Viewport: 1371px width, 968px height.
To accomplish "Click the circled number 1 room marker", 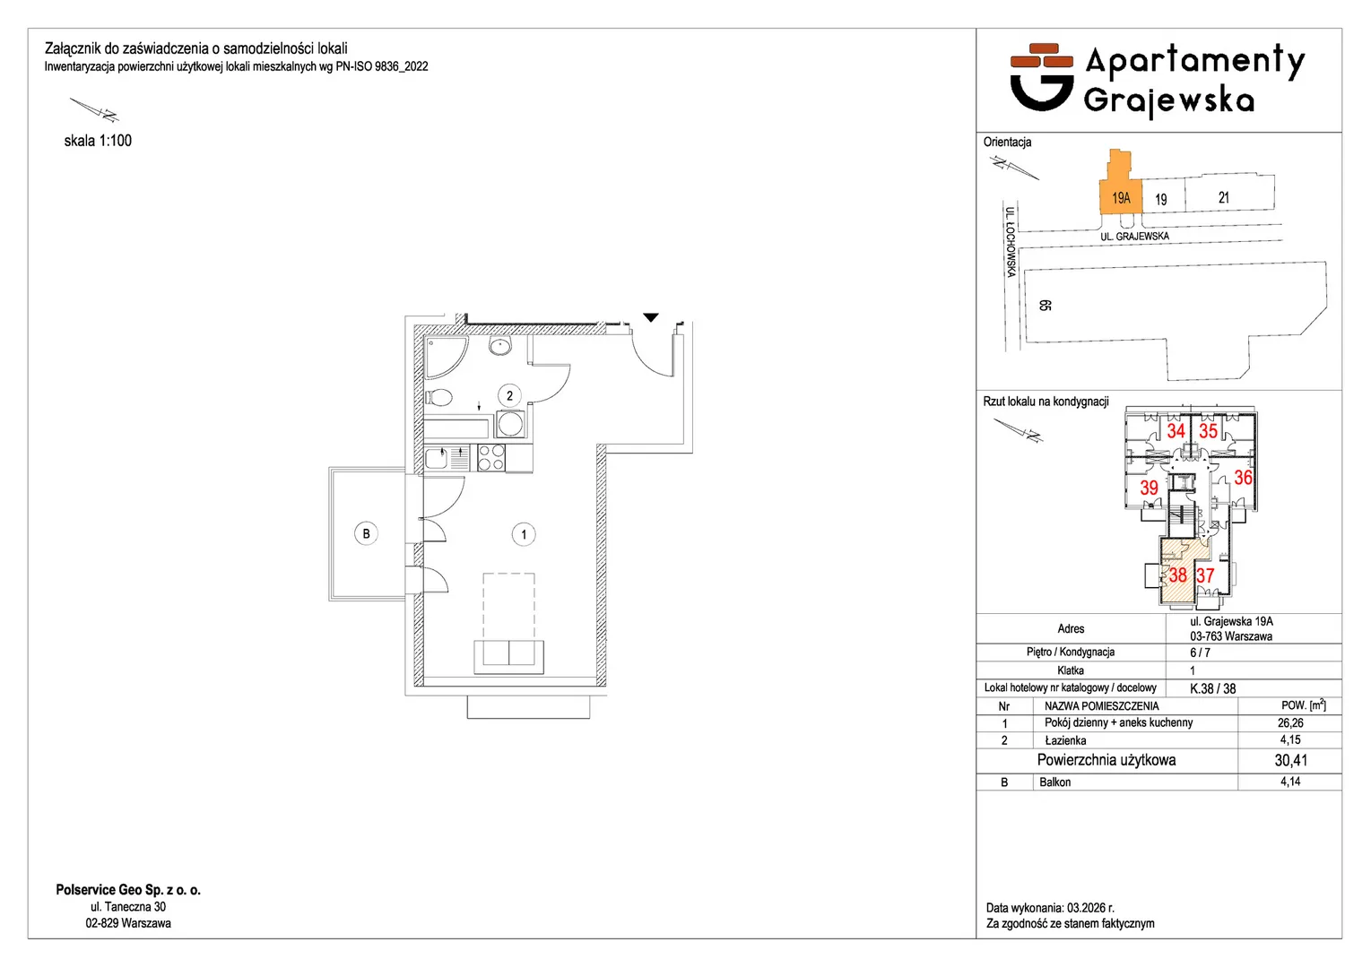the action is click(524, 534).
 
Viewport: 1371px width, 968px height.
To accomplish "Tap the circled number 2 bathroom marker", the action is click(509, 396).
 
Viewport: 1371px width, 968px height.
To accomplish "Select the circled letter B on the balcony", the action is click(366, 533).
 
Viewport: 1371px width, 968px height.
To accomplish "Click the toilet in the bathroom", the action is click(438, 398).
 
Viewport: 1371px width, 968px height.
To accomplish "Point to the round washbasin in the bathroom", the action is click(500, 346).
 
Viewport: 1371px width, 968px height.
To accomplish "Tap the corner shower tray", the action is click(446, 358).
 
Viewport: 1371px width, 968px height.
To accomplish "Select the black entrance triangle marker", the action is click(651, 317).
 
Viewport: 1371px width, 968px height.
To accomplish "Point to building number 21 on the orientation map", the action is click(1223, 198).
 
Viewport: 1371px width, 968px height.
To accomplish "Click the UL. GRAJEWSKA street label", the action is click(1135, 237).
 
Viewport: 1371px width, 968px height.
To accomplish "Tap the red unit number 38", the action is click(1177, 575).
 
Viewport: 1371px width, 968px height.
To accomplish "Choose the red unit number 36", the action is click(1243, 477).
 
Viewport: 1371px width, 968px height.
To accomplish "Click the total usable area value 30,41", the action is click(1291, 760).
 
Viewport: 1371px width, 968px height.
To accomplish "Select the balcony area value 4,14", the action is click(1290, 782).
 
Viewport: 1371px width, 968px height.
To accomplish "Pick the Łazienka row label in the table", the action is click(1065, 740).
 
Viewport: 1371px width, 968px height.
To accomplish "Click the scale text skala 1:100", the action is click(98, 141).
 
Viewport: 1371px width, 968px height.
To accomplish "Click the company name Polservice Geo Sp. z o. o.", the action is click(128, 890).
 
